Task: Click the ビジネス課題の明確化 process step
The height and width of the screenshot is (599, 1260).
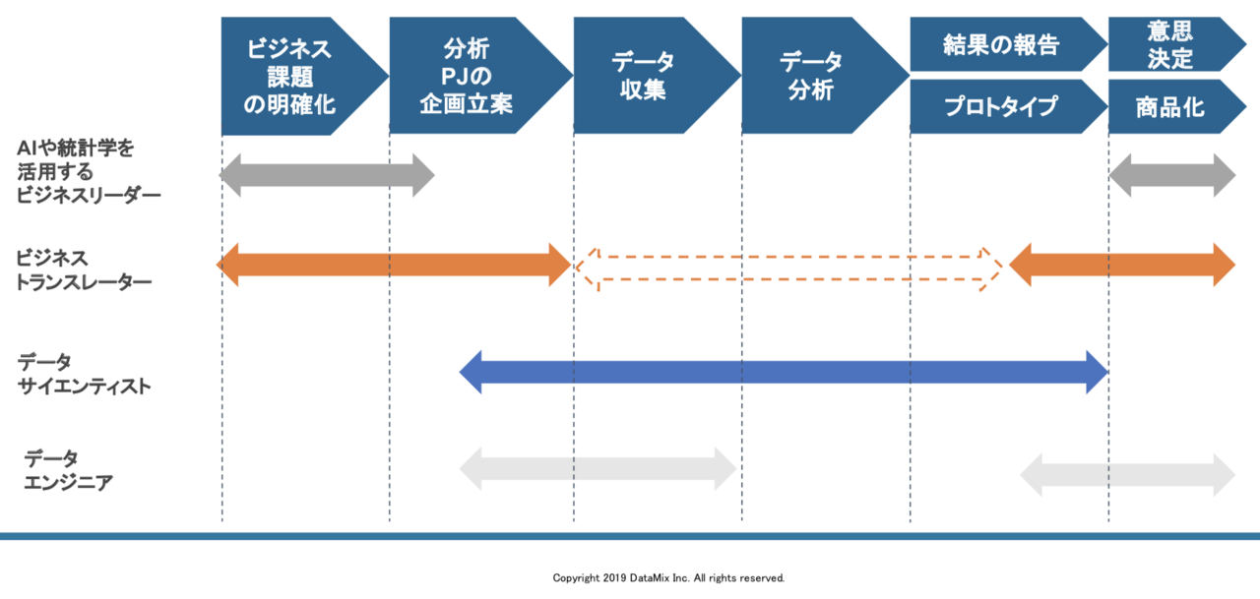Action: coord(290,76)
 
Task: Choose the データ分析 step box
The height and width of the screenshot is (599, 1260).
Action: coord(811,76)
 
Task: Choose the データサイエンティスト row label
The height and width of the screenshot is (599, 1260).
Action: coord(84,374)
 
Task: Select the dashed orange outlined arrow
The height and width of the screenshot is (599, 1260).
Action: coord(788,267)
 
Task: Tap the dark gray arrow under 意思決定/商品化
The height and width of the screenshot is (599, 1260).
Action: coord(1171,175)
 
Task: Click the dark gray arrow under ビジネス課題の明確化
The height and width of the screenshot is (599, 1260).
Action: coord(326,175)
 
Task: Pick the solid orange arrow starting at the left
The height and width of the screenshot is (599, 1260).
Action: coord(393,266)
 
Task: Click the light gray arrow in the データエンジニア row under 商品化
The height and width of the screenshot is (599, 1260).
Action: coord(1127,474)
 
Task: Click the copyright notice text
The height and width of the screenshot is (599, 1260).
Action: coord(668,578)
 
